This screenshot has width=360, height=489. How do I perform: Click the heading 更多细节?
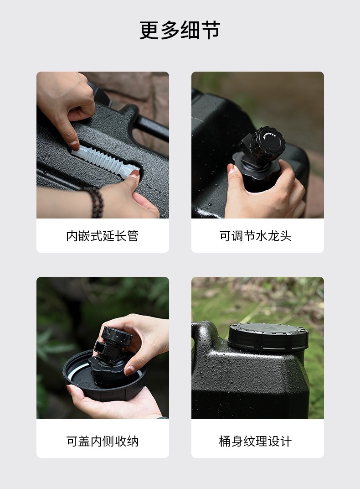coord(180,30)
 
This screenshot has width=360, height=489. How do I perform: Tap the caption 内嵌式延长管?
coord(102,236)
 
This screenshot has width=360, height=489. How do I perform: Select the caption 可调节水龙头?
coord(255,236)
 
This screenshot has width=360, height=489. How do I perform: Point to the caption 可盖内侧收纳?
coord(102,441)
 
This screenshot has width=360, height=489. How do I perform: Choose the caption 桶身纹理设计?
coord(255,441)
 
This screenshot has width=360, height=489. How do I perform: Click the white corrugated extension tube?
coord(105,161)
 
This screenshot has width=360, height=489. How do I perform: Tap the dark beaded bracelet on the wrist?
coord(94,202)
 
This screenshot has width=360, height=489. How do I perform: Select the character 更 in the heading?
coord(149,30)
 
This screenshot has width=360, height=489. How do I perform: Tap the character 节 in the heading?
coord(211,30)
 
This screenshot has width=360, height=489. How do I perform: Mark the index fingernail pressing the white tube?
coord(74,146)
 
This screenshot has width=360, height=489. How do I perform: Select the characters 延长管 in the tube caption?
coord(120,236)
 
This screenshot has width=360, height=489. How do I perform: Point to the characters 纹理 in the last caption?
coord(255,441)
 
